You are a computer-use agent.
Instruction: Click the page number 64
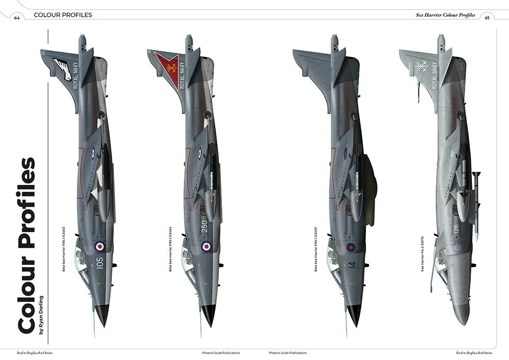point(17,17)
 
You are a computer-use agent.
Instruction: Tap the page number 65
point(487,17)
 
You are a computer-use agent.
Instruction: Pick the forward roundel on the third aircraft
point(350,248)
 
